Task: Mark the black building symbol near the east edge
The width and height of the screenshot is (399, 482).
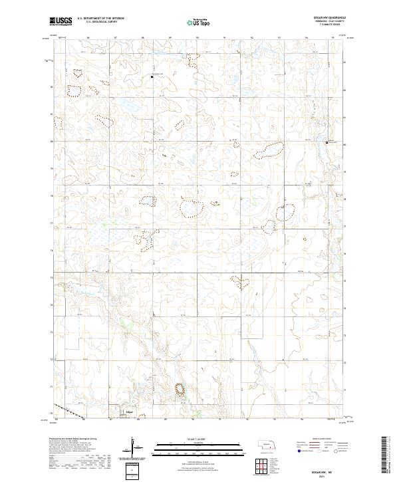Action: point(327,142)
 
